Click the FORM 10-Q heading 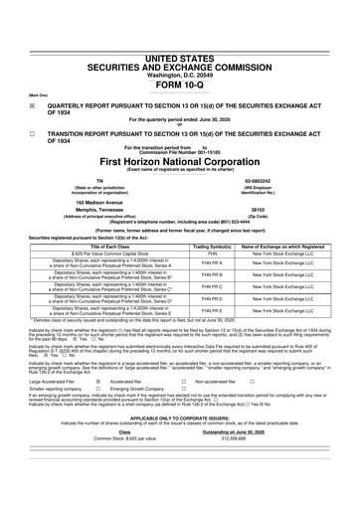click(x=179, y=56)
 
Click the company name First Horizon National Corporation click(x=179, y=161)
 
